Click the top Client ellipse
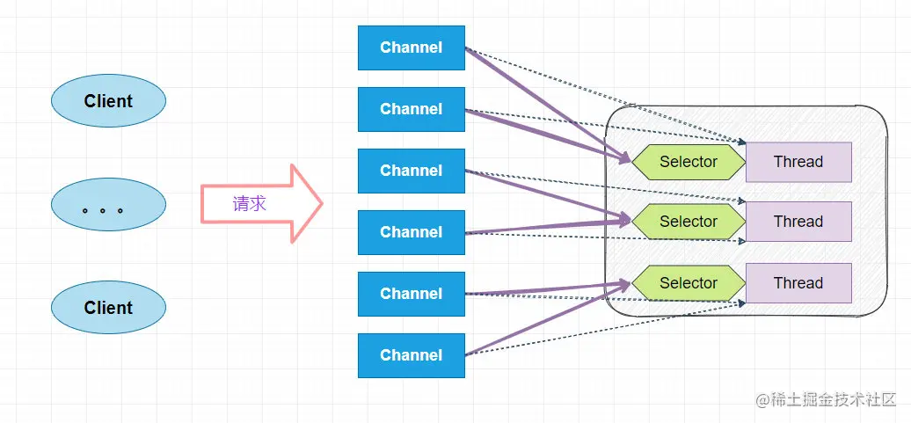pos(108,101)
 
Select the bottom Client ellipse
pos(108,308)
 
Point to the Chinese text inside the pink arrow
pos(249,204)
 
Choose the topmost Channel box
pos(411,47)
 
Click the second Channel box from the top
pos(411,109)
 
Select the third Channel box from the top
pos(411,171)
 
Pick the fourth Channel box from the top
pos(411,232)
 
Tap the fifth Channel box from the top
pos(411,294)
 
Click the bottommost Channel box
pos(411,355)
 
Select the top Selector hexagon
pos(689,162)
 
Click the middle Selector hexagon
pos(689,222)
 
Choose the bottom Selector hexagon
pos(689,283)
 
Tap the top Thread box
pos(798,162)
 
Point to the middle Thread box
pos(798,222)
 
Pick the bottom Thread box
pos(798,283)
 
